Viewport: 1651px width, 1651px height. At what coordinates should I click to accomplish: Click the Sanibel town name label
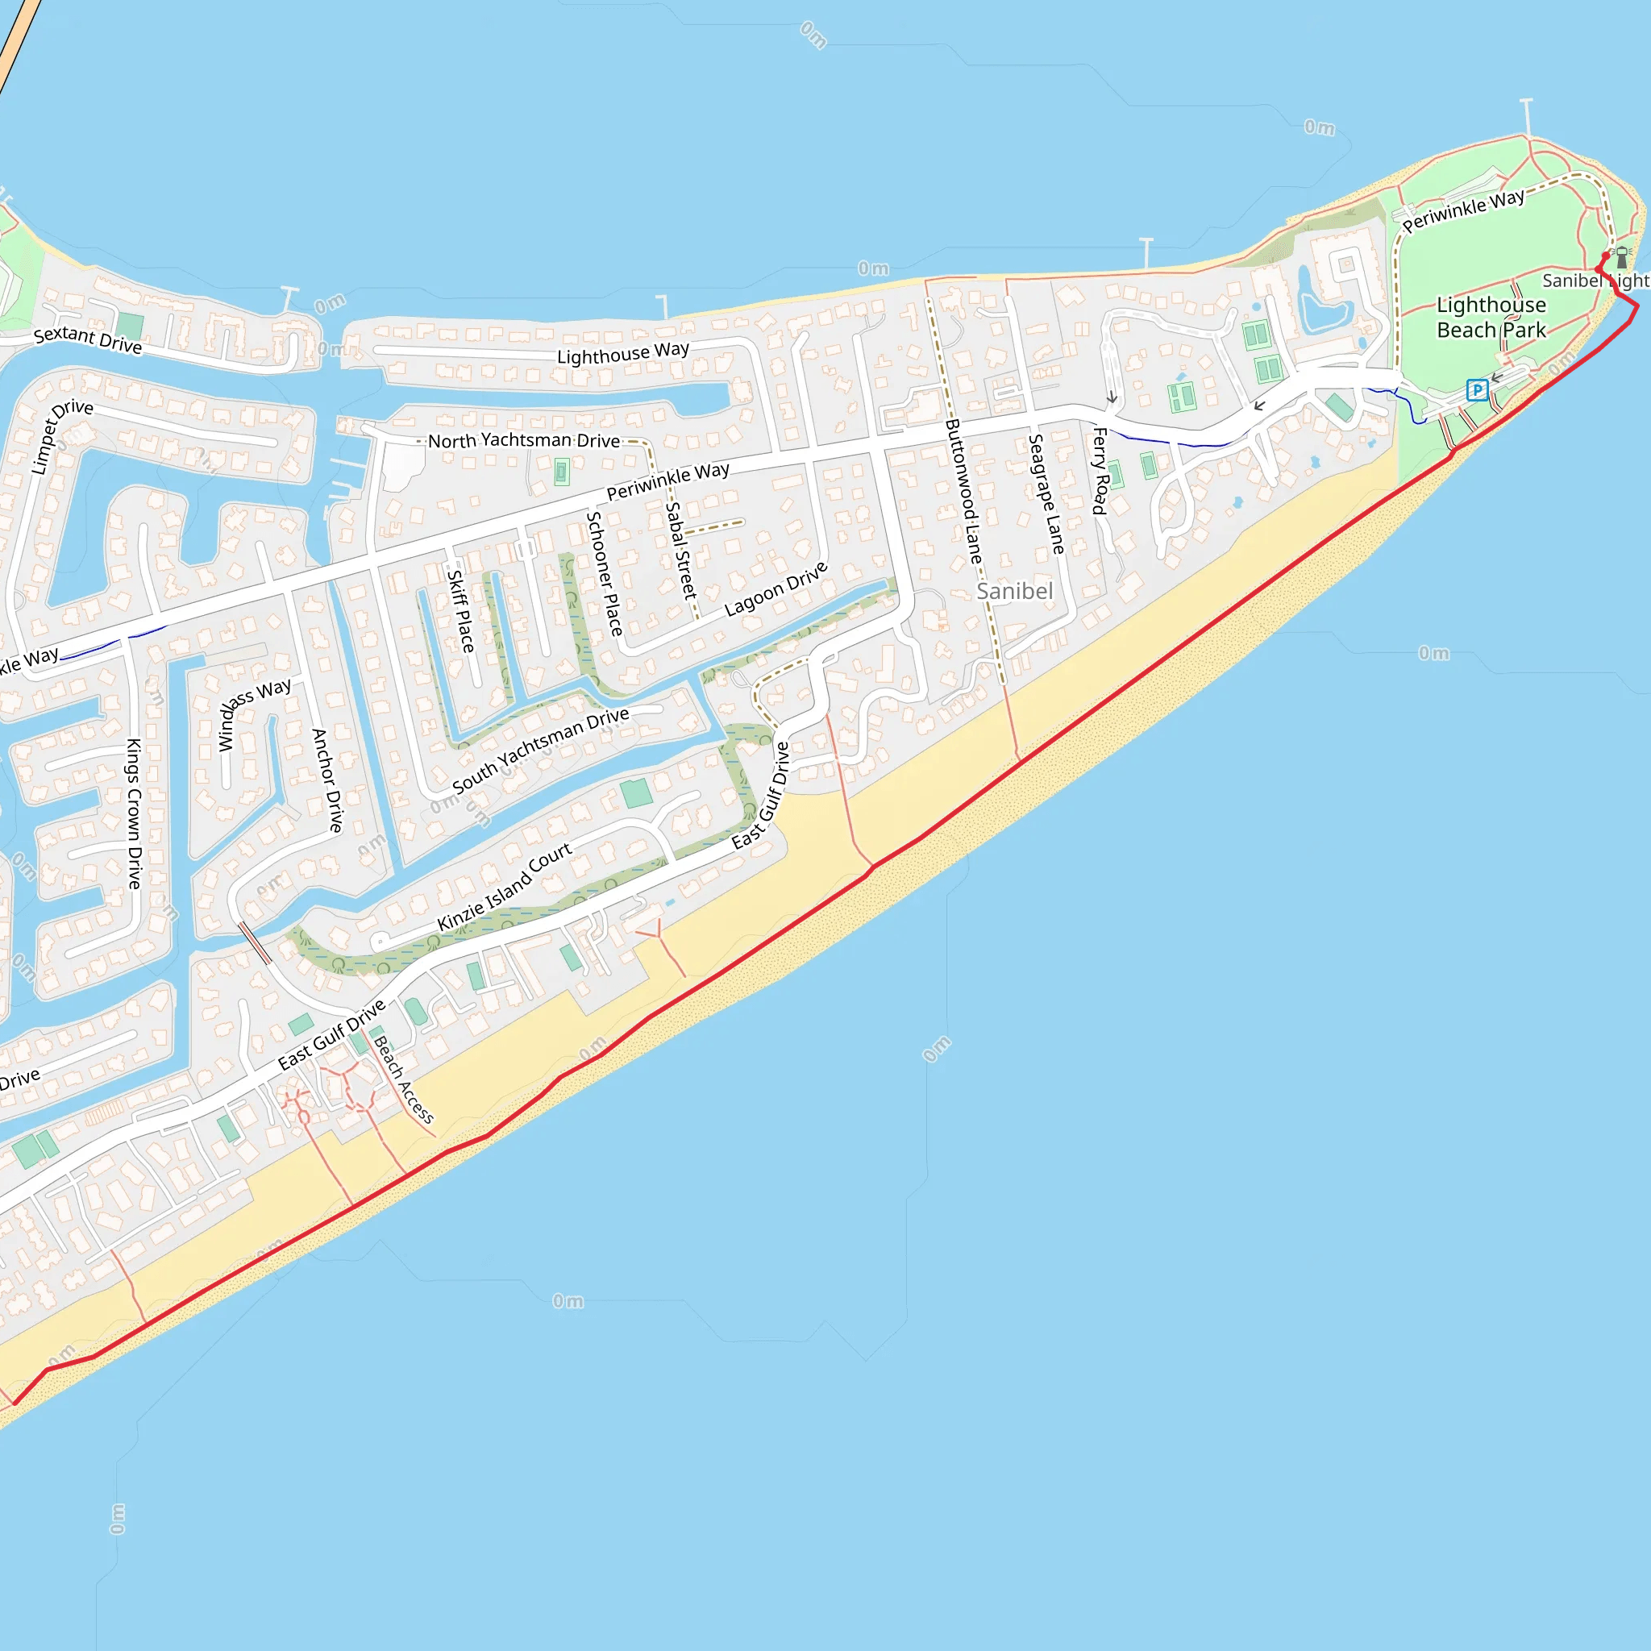pyautogui.click(x=1014, y=592)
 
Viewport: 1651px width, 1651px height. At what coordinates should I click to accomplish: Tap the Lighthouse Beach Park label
pyautogui.click(x=1491, y=317)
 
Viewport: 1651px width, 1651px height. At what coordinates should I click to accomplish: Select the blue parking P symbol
pyautogui.click(x=1477, y=389)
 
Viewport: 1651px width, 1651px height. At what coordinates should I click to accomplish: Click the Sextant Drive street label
pyautogui.click(x=87, y=339)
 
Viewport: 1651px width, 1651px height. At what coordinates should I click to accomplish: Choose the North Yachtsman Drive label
pyautogui.click(x=524, y=441)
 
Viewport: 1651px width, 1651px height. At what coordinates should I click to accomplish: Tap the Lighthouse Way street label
pyautogui.click(x=622, y=353)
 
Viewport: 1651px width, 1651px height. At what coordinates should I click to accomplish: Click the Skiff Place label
pyautogui.click(x=460, y=610)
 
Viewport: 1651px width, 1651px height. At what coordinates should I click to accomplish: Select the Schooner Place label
pyautogui.click(x=604, y=573)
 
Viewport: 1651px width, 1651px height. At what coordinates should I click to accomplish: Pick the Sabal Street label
pyautogui.click(x=681, y=550)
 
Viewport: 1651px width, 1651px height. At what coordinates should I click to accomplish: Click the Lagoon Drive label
pyautogui.click(x=776, y=588)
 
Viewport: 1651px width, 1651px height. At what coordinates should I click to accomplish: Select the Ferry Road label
pyautogui.click(x=1100, y=471)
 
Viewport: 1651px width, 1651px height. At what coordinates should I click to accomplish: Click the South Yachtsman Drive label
pyautogui.click(x=540, y=750)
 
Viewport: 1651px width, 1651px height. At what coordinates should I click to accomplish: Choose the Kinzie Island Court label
pyautogui.click(x=504, y=887)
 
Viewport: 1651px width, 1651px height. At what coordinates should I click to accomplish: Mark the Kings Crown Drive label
pyautogui.click(x=134, y=813)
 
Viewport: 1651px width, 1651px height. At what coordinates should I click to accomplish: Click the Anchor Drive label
pyautogui.click(x=327, y=780)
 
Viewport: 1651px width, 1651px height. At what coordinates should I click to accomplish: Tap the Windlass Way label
pyautogui.click(x=254, y=713)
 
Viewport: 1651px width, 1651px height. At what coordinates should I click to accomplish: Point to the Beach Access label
pyautogui.click(x=403, y=1079)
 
